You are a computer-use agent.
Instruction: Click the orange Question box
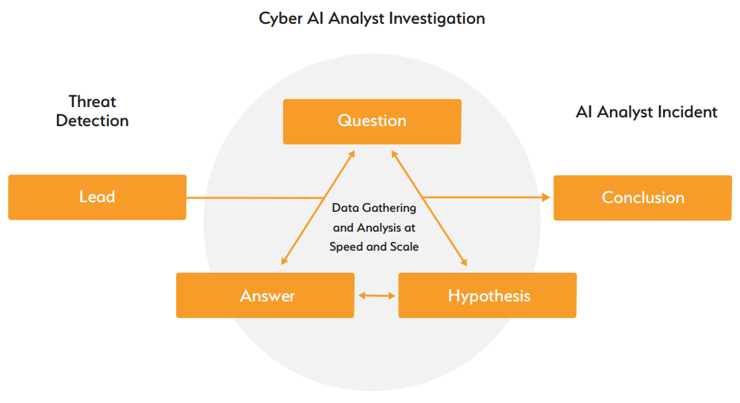click(371, 121)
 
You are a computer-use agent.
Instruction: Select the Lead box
click(97, 197)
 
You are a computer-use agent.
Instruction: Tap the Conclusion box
click(642, 198)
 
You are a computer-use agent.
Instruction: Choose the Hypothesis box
click(488, 296)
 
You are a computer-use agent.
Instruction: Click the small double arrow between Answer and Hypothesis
click(376, 296)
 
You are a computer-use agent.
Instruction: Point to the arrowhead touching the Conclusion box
click(545, 197)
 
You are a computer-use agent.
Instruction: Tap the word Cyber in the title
click(278, 17)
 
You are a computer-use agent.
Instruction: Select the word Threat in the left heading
click(92, 102)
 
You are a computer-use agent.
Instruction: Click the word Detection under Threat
click(92, 121)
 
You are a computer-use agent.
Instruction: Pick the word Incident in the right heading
click(688, 112)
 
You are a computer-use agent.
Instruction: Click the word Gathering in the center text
click(389, 208)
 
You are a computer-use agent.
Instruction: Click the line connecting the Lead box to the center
click(254, 198)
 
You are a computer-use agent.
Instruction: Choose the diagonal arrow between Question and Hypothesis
click(429, 208)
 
